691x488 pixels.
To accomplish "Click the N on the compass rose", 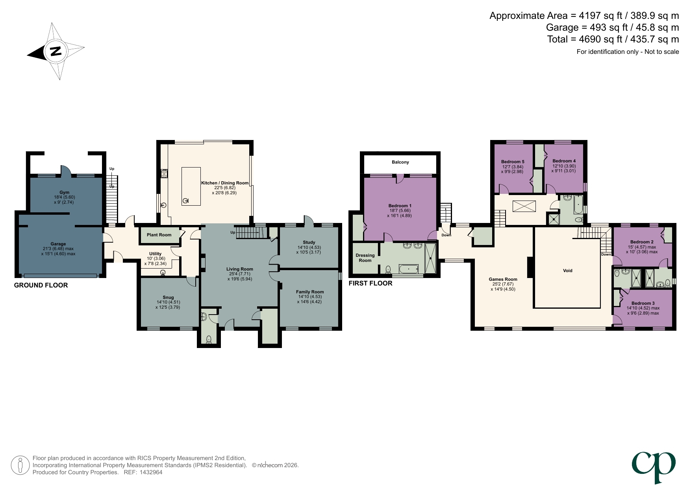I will point(56,51).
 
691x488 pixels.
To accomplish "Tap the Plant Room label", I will point(159,235).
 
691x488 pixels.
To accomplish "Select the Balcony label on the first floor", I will point(400,162).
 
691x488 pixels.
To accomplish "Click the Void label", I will point(567,271).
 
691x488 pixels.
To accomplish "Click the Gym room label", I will point(64,192).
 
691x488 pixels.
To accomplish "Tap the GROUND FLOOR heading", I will point(41,285).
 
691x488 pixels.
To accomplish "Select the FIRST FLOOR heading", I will point(370,283).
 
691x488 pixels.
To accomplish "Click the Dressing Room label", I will point(365,258).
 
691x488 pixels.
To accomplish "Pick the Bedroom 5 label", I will point(512,162).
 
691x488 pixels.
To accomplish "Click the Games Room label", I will point(503,279).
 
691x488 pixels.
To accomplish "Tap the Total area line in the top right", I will point(613,39).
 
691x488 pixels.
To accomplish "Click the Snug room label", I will point(168,297).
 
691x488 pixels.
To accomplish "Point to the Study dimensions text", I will point(309,250).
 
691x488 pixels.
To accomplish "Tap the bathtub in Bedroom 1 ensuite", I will point(408,269).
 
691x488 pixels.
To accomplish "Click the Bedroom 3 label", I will point(643,303).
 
